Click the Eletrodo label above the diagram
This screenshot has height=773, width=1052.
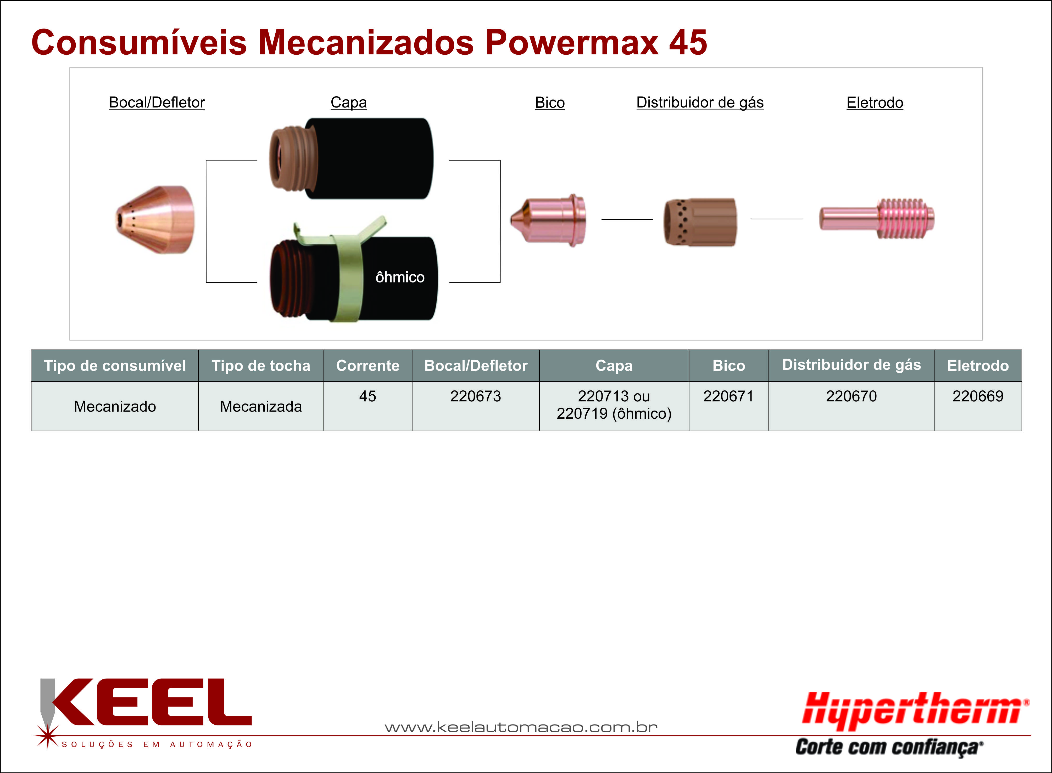tap(875, 103)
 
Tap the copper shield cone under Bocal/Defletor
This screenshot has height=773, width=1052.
tap(155, 220)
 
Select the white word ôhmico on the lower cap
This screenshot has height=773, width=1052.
tap(400, 277)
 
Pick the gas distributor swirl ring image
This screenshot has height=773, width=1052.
tap(700, 222)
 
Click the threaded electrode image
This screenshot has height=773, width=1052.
tap(876, 219)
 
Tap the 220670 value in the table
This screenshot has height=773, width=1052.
tap(851, 396)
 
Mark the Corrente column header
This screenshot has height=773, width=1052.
tap(368, 365)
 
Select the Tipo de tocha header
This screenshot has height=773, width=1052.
tap(261, 365)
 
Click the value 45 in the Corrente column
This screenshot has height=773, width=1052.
tap(368, 396)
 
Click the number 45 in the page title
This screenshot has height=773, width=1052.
tap(688, 43)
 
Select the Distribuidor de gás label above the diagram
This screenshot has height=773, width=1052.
tap(700, 103)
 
